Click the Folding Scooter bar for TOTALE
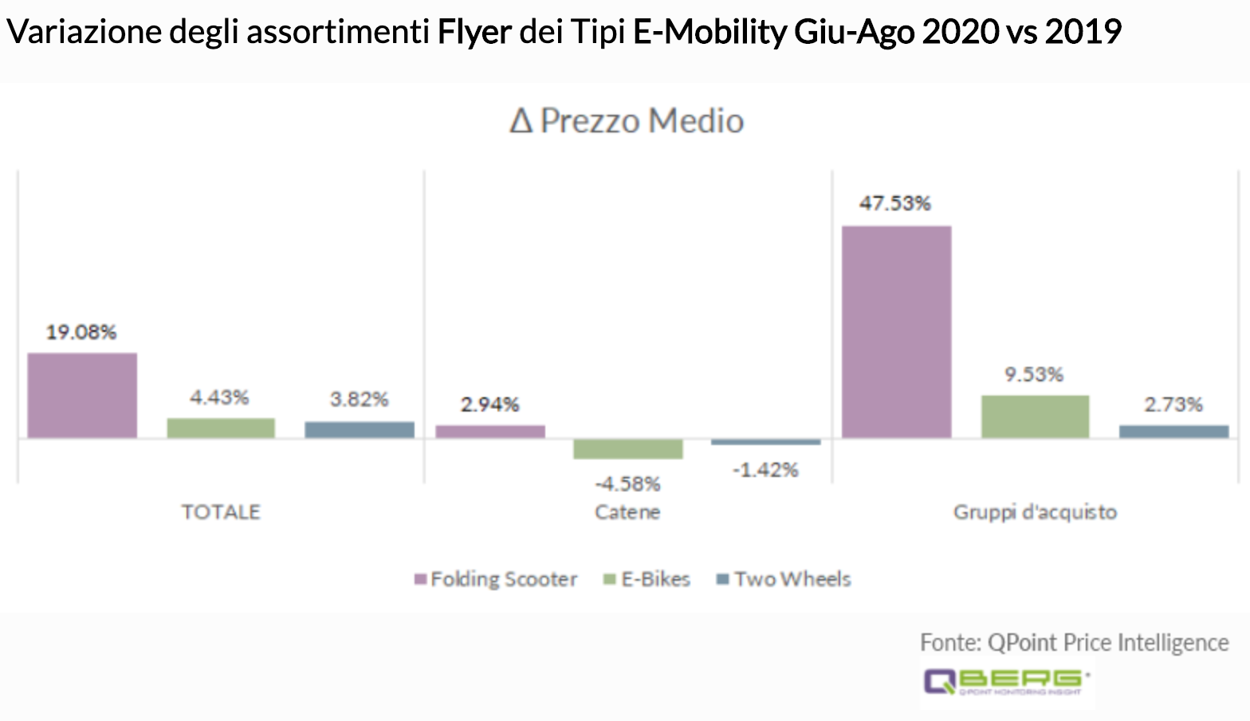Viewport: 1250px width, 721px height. [82, 395]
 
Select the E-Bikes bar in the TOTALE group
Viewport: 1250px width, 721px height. [221, 427]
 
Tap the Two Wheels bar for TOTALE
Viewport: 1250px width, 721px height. [360, 429]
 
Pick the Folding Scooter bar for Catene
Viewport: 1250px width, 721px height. [490, 431]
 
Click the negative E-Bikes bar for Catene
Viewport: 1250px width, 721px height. [628, 449]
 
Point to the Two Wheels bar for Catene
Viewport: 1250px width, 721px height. [766, 442]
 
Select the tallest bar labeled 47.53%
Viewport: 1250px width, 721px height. [897, 331]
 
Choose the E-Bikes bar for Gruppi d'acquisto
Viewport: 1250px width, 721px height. [1035, 416]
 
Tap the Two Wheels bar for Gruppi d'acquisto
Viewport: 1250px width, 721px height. [1173, 431]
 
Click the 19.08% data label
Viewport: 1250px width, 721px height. [81, 332]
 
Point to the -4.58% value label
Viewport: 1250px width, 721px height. [628, 484]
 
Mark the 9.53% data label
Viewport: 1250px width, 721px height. [1034, 375]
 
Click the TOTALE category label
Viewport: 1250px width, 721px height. [221, 512]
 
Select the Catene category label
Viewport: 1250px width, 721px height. [628, 512]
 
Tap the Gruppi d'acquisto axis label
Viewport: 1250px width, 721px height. [1035, 512]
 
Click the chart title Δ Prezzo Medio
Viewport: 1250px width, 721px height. [627, 121]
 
